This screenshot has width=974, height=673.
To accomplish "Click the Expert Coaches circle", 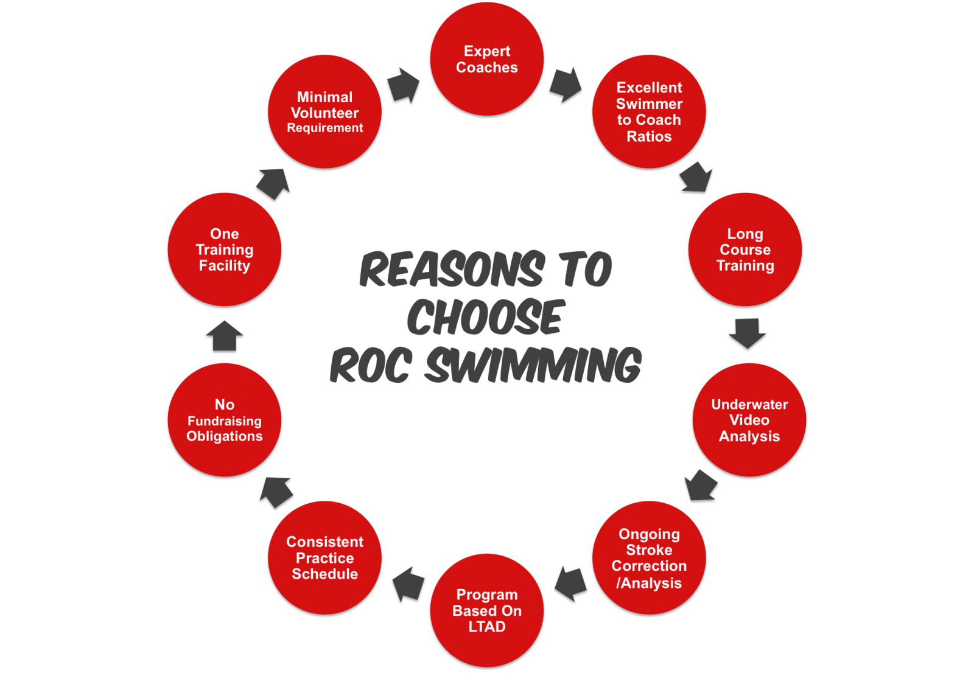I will tap(487, 59).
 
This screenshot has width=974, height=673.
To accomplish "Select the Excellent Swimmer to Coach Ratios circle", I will tap(649, 111).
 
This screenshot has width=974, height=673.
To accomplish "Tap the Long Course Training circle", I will tap(745, 249).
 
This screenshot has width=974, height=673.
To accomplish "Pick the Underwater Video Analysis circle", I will tap(749, 420).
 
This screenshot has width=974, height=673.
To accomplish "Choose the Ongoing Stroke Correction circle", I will tap(649, 557).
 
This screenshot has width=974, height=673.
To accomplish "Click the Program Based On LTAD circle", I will tap(487, 610).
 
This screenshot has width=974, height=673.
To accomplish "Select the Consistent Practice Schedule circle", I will tap(324, 557).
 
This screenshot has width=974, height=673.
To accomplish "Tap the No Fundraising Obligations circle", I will tap(225, 420).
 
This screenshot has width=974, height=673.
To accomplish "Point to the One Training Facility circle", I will tap(225, 249).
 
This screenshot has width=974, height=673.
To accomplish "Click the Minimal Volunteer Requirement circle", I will tap(324, 111).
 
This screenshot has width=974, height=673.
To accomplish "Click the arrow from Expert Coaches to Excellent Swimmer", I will tap(566, 84).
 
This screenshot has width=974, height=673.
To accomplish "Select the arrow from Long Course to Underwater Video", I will tap(748, 333).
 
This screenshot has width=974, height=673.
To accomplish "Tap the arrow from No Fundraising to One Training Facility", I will tap(225, 335).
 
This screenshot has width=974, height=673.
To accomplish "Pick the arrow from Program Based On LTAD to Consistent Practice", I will tap(408, 584).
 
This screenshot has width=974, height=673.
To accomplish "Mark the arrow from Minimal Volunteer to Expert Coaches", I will tap(404, 85).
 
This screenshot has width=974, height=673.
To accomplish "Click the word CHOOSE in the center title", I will tap(486, 317).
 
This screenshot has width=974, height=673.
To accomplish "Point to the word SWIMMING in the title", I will tap(533, 366).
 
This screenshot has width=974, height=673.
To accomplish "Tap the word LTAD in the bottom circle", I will tap(487, 627).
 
